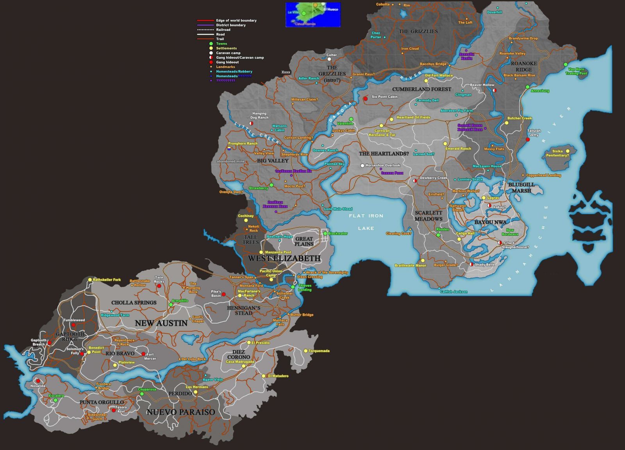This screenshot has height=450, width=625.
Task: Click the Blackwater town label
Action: point(338,233)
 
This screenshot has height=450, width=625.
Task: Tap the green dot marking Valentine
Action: point(351,119)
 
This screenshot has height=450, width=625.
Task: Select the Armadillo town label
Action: point(180,301)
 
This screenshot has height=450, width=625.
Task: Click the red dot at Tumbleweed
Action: point(73,325)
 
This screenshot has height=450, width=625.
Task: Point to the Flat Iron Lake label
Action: point(366,222)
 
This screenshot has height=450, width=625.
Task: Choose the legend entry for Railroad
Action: point(223,30)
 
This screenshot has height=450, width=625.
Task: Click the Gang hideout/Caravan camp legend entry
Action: point(239,57)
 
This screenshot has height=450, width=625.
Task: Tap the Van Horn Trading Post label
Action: point(576,71)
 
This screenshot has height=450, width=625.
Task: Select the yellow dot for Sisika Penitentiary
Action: point(568,151)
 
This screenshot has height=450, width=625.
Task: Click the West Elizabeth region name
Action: point(284,258)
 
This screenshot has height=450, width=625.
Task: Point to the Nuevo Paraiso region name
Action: point(180,412)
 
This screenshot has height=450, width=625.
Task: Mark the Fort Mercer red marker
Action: point(143,354)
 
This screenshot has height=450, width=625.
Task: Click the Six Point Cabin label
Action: point(384,97)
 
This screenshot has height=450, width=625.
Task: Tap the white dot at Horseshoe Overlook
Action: point(362,165)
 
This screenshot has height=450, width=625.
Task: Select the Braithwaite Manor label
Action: point(410,265)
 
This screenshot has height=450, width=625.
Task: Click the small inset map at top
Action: point(313,15)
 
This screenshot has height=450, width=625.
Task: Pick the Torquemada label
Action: point(319,351)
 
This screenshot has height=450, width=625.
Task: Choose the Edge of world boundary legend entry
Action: point(236,20)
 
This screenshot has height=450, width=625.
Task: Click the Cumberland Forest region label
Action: point(421,89)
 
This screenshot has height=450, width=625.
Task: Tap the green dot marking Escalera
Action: point(55,400)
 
